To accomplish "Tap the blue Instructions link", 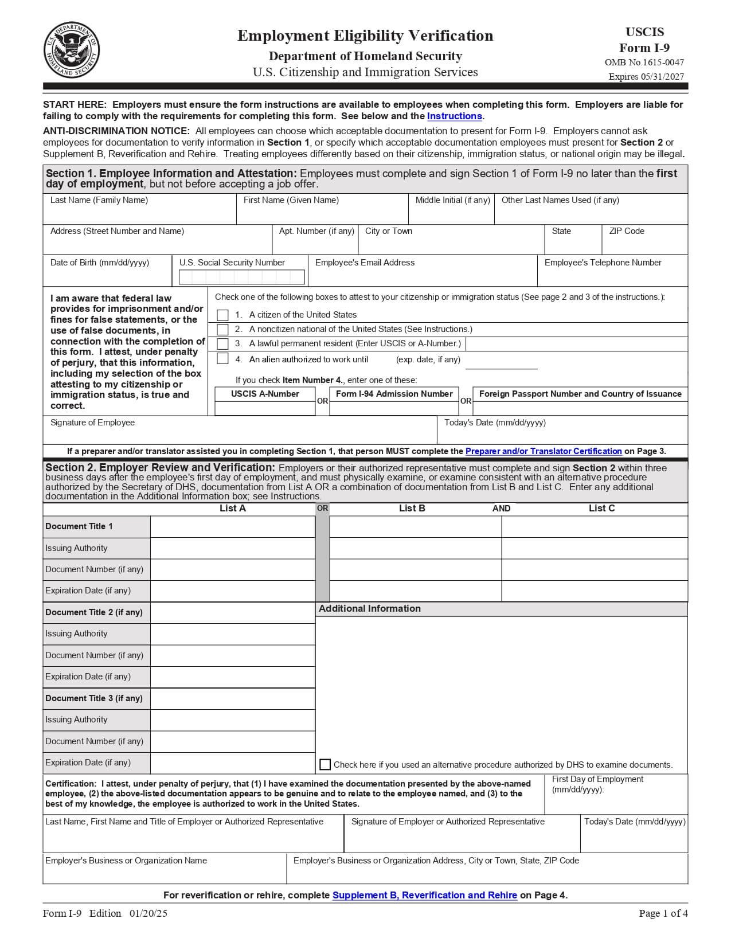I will (454, 116).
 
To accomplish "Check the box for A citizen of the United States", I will (223, 315).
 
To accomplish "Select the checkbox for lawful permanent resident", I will (223, 343).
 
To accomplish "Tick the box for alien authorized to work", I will (223, 359).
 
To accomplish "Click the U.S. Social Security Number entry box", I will (242, 277).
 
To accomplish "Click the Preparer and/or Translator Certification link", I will (544, 451).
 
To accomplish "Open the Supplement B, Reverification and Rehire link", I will (424, 895).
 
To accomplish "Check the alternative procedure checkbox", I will (325, 764).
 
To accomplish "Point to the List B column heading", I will (412, 508).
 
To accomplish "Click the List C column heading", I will (601, 508).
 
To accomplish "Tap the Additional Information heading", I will (370, 608).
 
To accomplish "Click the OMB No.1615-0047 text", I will (644, 62).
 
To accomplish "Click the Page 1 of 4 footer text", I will (663, 913).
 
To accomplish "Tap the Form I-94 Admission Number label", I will (394, 394).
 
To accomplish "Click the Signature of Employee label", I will (92, 423).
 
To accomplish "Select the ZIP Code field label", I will (627, 231).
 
